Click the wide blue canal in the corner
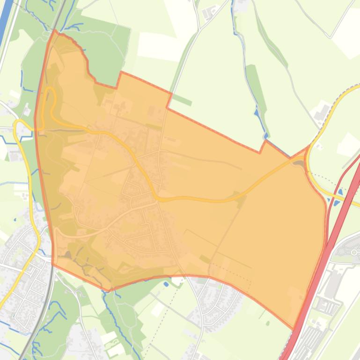(6, 19)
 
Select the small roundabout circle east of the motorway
(354, 252)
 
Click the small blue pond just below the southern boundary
(166, 283)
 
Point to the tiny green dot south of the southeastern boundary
(268, 323)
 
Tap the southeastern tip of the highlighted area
(294, 327)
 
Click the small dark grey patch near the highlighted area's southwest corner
(67, 255)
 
